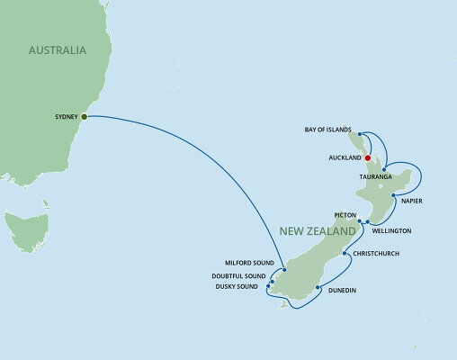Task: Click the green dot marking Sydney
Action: (84, 116)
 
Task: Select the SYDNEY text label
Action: (64, 116)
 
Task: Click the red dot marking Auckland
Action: (368, 157)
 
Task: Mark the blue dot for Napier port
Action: (394, 194)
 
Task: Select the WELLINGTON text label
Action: (391, 231)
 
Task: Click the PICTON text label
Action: (345, 216)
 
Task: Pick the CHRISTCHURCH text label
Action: (376, 253)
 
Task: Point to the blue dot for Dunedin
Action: (318, 289)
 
